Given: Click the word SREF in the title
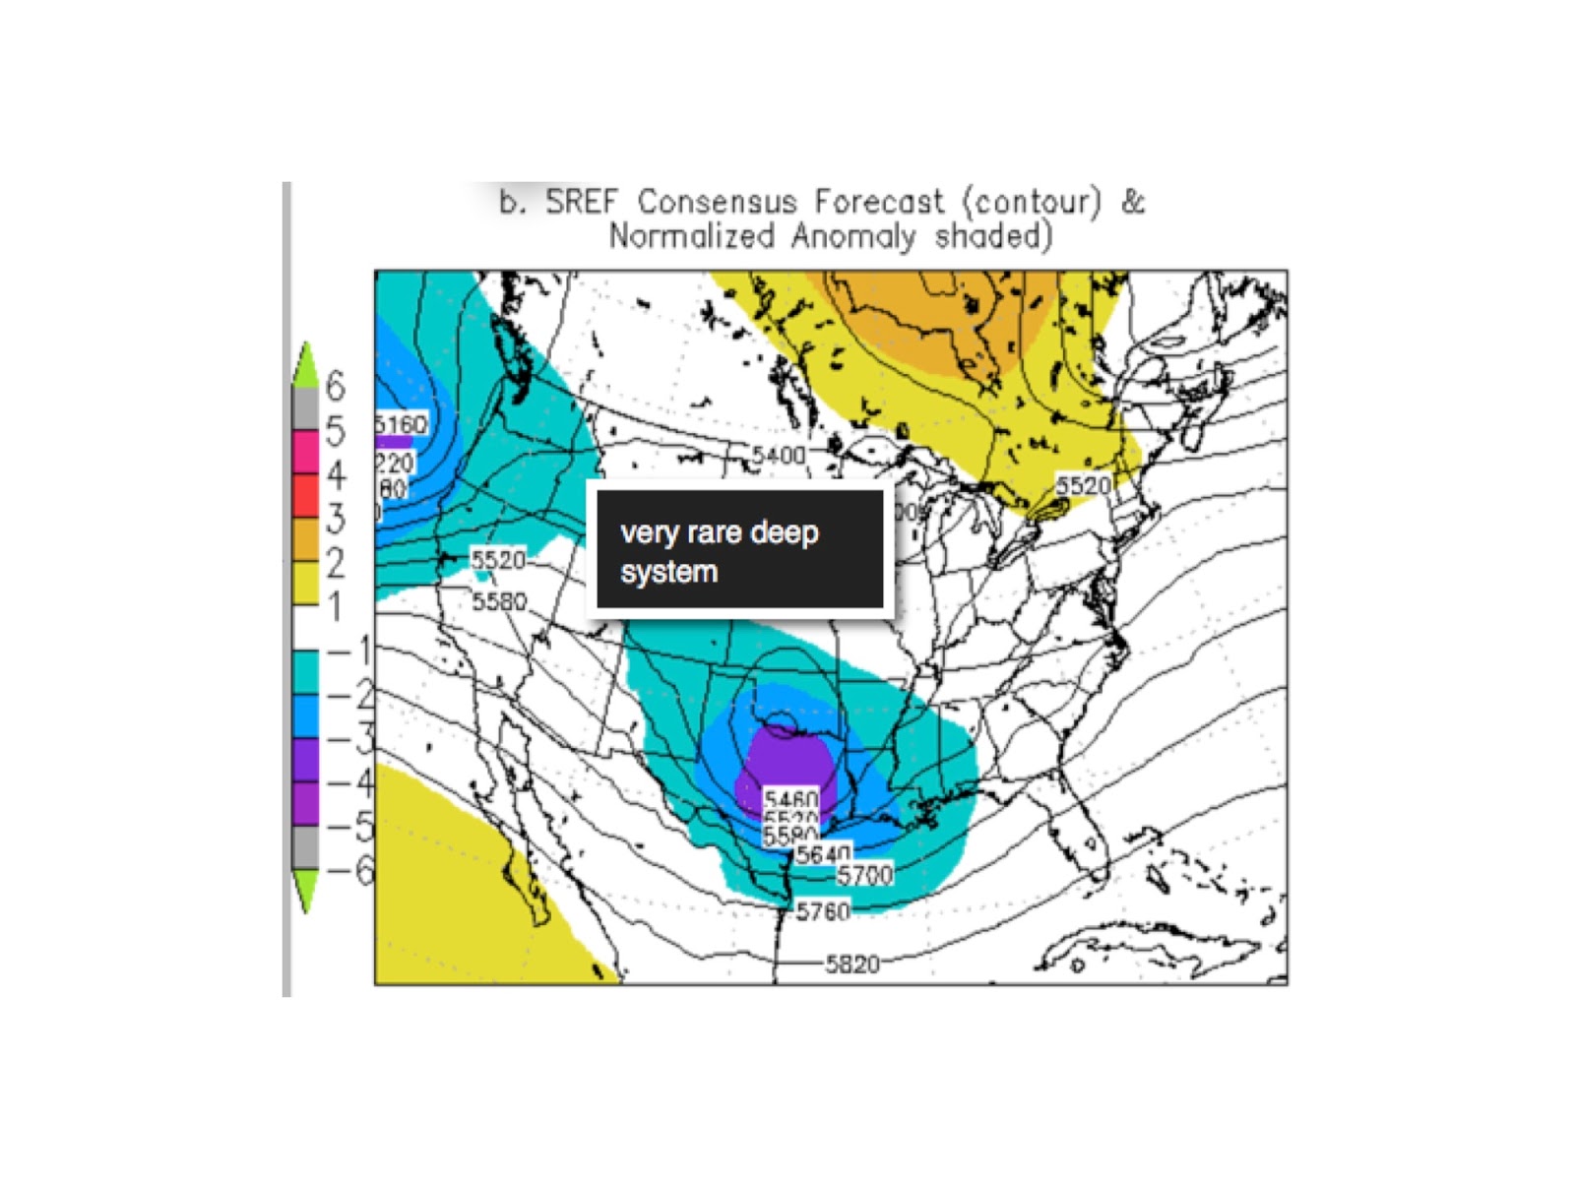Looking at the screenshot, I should pyautogui.click(x=582, y=202).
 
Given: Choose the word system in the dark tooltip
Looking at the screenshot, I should pyautogui.click(x=668, y=572).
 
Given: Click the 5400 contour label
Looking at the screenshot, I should pyautogui.click(x=779, y=455).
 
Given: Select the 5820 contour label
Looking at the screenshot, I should pyautogui.click(x=851, y=963).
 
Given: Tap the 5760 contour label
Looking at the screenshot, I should pyautogui.click(x=823, y=911).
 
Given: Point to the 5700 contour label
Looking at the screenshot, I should pyautogui.click(x=864, y=874).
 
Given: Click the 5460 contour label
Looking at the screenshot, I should pyautogui.click(x=791, y=800).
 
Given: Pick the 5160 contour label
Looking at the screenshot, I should pyautogui.click(x=403, y=424).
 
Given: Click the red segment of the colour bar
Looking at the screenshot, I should pyautogui.click(x=305, y=495).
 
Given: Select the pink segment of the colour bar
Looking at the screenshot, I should pyautogui.click(x=305, y=451).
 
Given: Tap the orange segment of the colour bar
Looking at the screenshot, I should pyautogui.click(x=305, y=538).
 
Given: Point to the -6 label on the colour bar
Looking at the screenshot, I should pyautogui.click(x=350, y=870).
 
